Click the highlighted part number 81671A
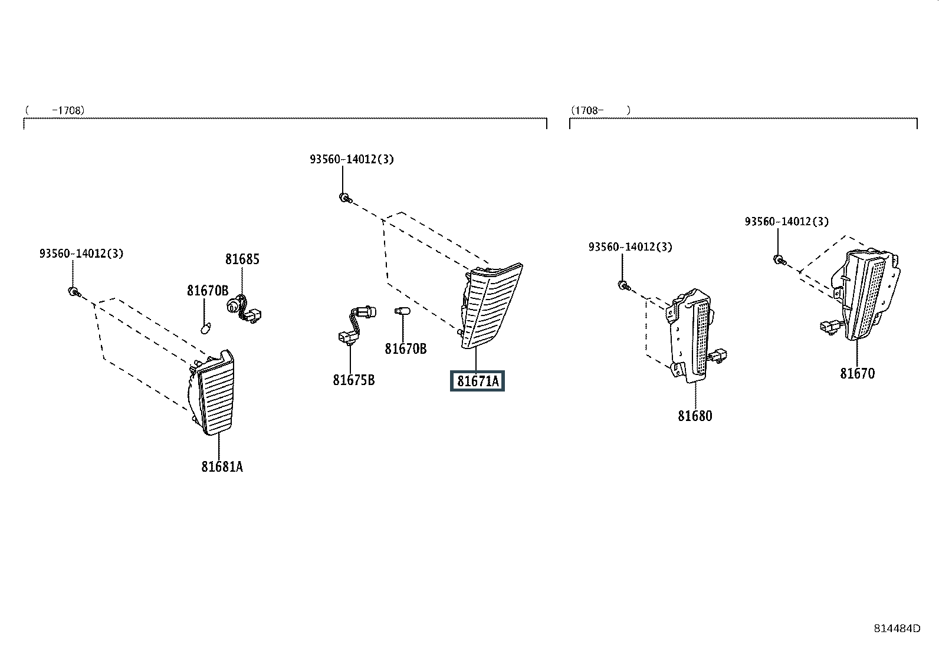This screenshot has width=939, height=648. pyautogui.click(x=478, y=381)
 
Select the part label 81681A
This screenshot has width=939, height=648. pyautogui.click(x=222, y=466)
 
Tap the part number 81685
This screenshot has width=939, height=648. pyautogui.click(x=242, y=259)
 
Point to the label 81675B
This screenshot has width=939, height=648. pyautogui.click(x=354, y=380)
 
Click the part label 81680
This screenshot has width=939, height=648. pyautogui.click(x=695, y=416)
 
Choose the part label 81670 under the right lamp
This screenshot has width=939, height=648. pyautogui.click(x=857, y=373)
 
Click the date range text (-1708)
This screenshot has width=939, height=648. pyautogui.click(x=55, y=110)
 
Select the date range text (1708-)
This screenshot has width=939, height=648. pyautogui.click(x=600, y=110)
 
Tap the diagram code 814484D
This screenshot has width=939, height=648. pyautogui.click(x=897, y=629)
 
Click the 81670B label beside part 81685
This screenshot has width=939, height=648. pyautogui.click(x=208, y=290)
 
